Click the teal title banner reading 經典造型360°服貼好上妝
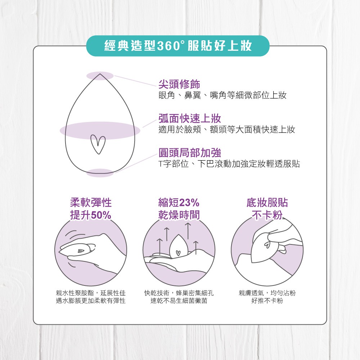tap(178, 46)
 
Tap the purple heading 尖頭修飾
tap(179, 84)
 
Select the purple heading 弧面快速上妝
tap(190, 118)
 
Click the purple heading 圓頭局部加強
tap(190, 152)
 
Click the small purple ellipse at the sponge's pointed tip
tap(100, 76)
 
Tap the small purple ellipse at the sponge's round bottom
tap(100, 173)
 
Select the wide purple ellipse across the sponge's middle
tap(100, 130)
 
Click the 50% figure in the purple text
tap(101, 215)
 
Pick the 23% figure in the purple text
tap(189, 203)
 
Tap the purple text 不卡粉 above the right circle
tap(267, 215)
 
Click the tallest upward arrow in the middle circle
tap(188, 231)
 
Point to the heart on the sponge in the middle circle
tap(178, 253)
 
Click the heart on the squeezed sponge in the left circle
tap(80, 251)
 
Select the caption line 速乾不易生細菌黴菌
tap(179, 301)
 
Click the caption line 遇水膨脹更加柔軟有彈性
tap(91, 301)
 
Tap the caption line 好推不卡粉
tap(267, 301)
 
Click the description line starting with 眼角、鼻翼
tap(222, 95)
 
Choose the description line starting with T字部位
tap(229, 164)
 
